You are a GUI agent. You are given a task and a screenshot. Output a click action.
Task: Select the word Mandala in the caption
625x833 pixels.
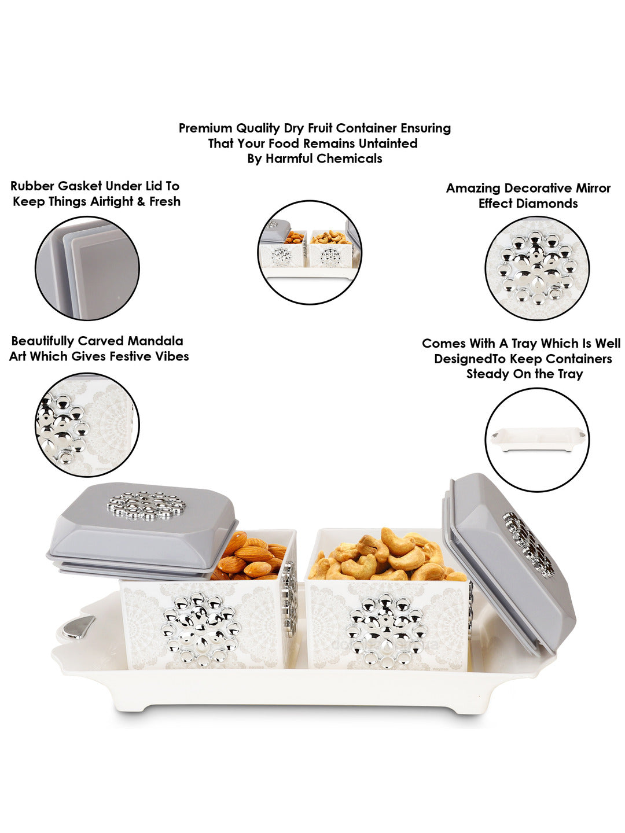pos(155,341)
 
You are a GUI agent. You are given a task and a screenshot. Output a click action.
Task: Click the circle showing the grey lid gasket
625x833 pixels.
pos(87,268)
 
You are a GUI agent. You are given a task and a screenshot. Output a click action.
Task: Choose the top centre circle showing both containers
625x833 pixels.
pos(310,252)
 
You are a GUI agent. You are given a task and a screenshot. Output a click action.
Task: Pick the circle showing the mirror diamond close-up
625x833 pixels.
pos(536,268)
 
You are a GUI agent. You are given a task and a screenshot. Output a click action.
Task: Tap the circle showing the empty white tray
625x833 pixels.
pos(536,440)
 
